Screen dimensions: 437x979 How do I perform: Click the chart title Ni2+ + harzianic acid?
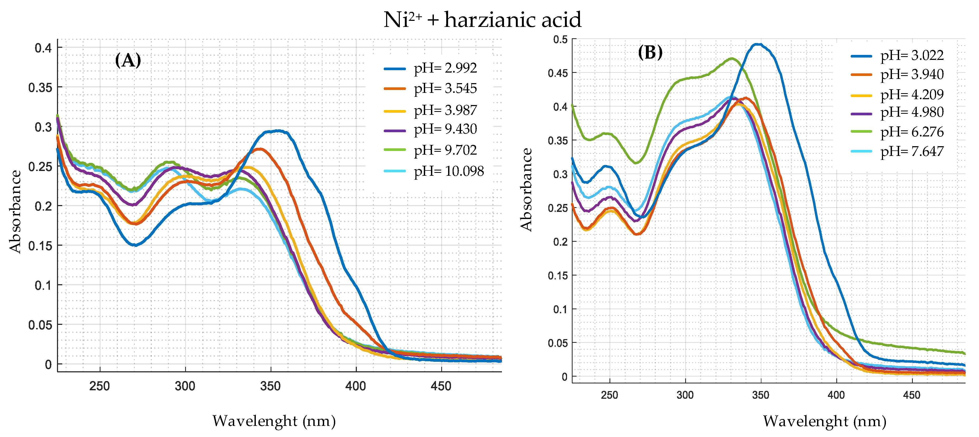point(482,20)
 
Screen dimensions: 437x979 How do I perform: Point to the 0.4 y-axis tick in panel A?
point(43,48)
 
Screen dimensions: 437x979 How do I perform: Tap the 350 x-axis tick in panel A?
point(270,386)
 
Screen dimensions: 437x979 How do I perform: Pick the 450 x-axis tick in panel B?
point(911,395)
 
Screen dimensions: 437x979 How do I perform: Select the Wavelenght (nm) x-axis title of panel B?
point(824,421)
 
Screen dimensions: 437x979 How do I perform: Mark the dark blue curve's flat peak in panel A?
point(277,131)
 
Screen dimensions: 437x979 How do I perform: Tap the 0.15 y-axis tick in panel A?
point(40,246)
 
